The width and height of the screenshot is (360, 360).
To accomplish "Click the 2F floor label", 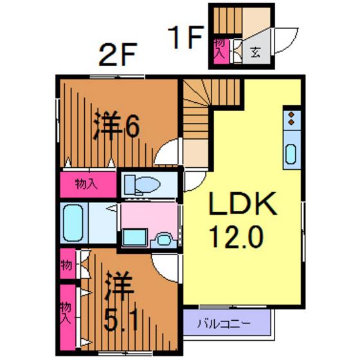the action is [x=118, y=55].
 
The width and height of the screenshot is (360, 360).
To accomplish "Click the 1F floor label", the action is [x=185, y=37].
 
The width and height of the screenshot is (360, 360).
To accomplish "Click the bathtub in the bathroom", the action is [x=73, y=222].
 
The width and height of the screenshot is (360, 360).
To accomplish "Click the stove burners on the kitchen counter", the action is [x=291, y=118].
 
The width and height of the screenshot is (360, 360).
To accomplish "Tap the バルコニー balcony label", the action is [x=224, y=324].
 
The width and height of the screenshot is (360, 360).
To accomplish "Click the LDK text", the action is [x=242, y=203].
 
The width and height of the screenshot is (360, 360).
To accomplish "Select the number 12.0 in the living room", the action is [x=236, y=237].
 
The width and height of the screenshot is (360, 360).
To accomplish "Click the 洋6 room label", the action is [x=116, y=125].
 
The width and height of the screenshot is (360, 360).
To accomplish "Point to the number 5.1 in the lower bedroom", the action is [x=121, y=319].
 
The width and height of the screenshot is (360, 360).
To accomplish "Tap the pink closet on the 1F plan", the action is [x=221, y=51].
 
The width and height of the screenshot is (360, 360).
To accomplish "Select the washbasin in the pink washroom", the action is [x=163, y=240].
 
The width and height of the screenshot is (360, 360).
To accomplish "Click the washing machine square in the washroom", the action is [x=134, y=238].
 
